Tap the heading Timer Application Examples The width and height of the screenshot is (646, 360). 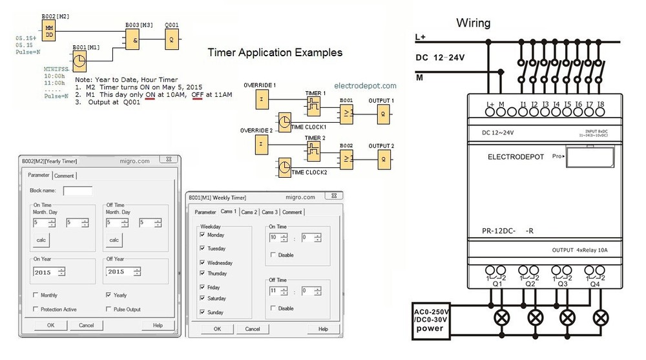tap(275, 52)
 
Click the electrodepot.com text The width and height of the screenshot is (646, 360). tap(366, 85)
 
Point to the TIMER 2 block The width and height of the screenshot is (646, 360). tap(313, 153)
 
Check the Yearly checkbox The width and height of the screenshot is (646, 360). tap(109, 295)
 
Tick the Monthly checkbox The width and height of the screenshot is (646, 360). tap(35, 295)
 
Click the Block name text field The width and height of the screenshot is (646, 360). tap(78, 191)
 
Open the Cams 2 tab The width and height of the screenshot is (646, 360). tap(249, 212)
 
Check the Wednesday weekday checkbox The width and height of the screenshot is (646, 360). tap(203, 262)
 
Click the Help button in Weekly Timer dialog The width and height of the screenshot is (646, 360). tap(322, 329)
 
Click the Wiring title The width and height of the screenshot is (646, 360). tap(474, 23)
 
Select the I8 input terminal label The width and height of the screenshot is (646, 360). tap(600, 104)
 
